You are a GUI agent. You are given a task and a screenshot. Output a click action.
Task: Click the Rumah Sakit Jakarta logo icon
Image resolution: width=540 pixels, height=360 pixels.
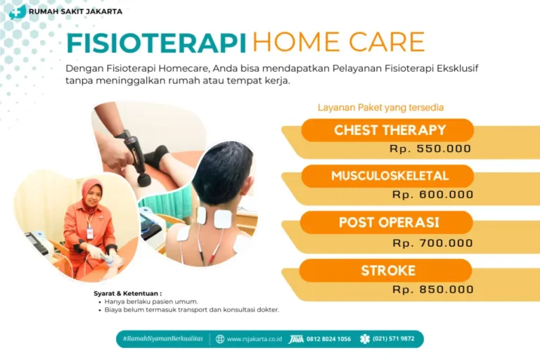(18, 11)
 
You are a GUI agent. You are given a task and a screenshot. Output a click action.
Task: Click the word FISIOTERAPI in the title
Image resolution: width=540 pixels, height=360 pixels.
(156, 42)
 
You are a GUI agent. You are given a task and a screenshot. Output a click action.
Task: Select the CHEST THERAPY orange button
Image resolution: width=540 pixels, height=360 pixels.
(390, 130)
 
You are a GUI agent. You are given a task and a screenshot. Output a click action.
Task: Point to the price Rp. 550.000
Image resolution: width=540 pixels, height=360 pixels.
(430, 149)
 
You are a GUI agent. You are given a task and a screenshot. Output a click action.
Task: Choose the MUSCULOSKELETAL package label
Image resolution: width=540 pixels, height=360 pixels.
(390, 176)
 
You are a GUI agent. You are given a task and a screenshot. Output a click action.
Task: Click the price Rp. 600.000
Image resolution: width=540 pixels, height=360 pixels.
(432, 195)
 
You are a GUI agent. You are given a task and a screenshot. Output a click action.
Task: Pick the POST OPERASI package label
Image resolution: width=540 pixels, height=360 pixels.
(389, 222)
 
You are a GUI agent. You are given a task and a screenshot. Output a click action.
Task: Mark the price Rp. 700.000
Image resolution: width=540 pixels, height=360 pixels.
(432, 243)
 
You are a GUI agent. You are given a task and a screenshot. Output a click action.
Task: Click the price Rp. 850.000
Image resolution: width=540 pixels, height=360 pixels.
(432, 289)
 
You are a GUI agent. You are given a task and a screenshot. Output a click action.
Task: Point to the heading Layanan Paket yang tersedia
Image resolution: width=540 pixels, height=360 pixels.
(380, 108)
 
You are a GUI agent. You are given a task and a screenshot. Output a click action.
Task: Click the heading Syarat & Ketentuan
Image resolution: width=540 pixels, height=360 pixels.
(127, 292)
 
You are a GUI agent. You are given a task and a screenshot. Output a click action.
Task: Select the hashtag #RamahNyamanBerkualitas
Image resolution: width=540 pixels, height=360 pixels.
(162, 339)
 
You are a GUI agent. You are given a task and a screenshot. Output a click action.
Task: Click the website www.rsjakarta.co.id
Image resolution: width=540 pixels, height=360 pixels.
(254, 339)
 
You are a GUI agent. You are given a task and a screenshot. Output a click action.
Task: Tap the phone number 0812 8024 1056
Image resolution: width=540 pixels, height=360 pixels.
(328, 339)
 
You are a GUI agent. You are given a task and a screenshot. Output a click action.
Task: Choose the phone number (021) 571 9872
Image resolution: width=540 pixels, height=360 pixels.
(393, 339)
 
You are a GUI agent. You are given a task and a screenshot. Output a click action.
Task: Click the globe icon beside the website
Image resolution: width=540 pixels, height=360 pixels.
(220, 339)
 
